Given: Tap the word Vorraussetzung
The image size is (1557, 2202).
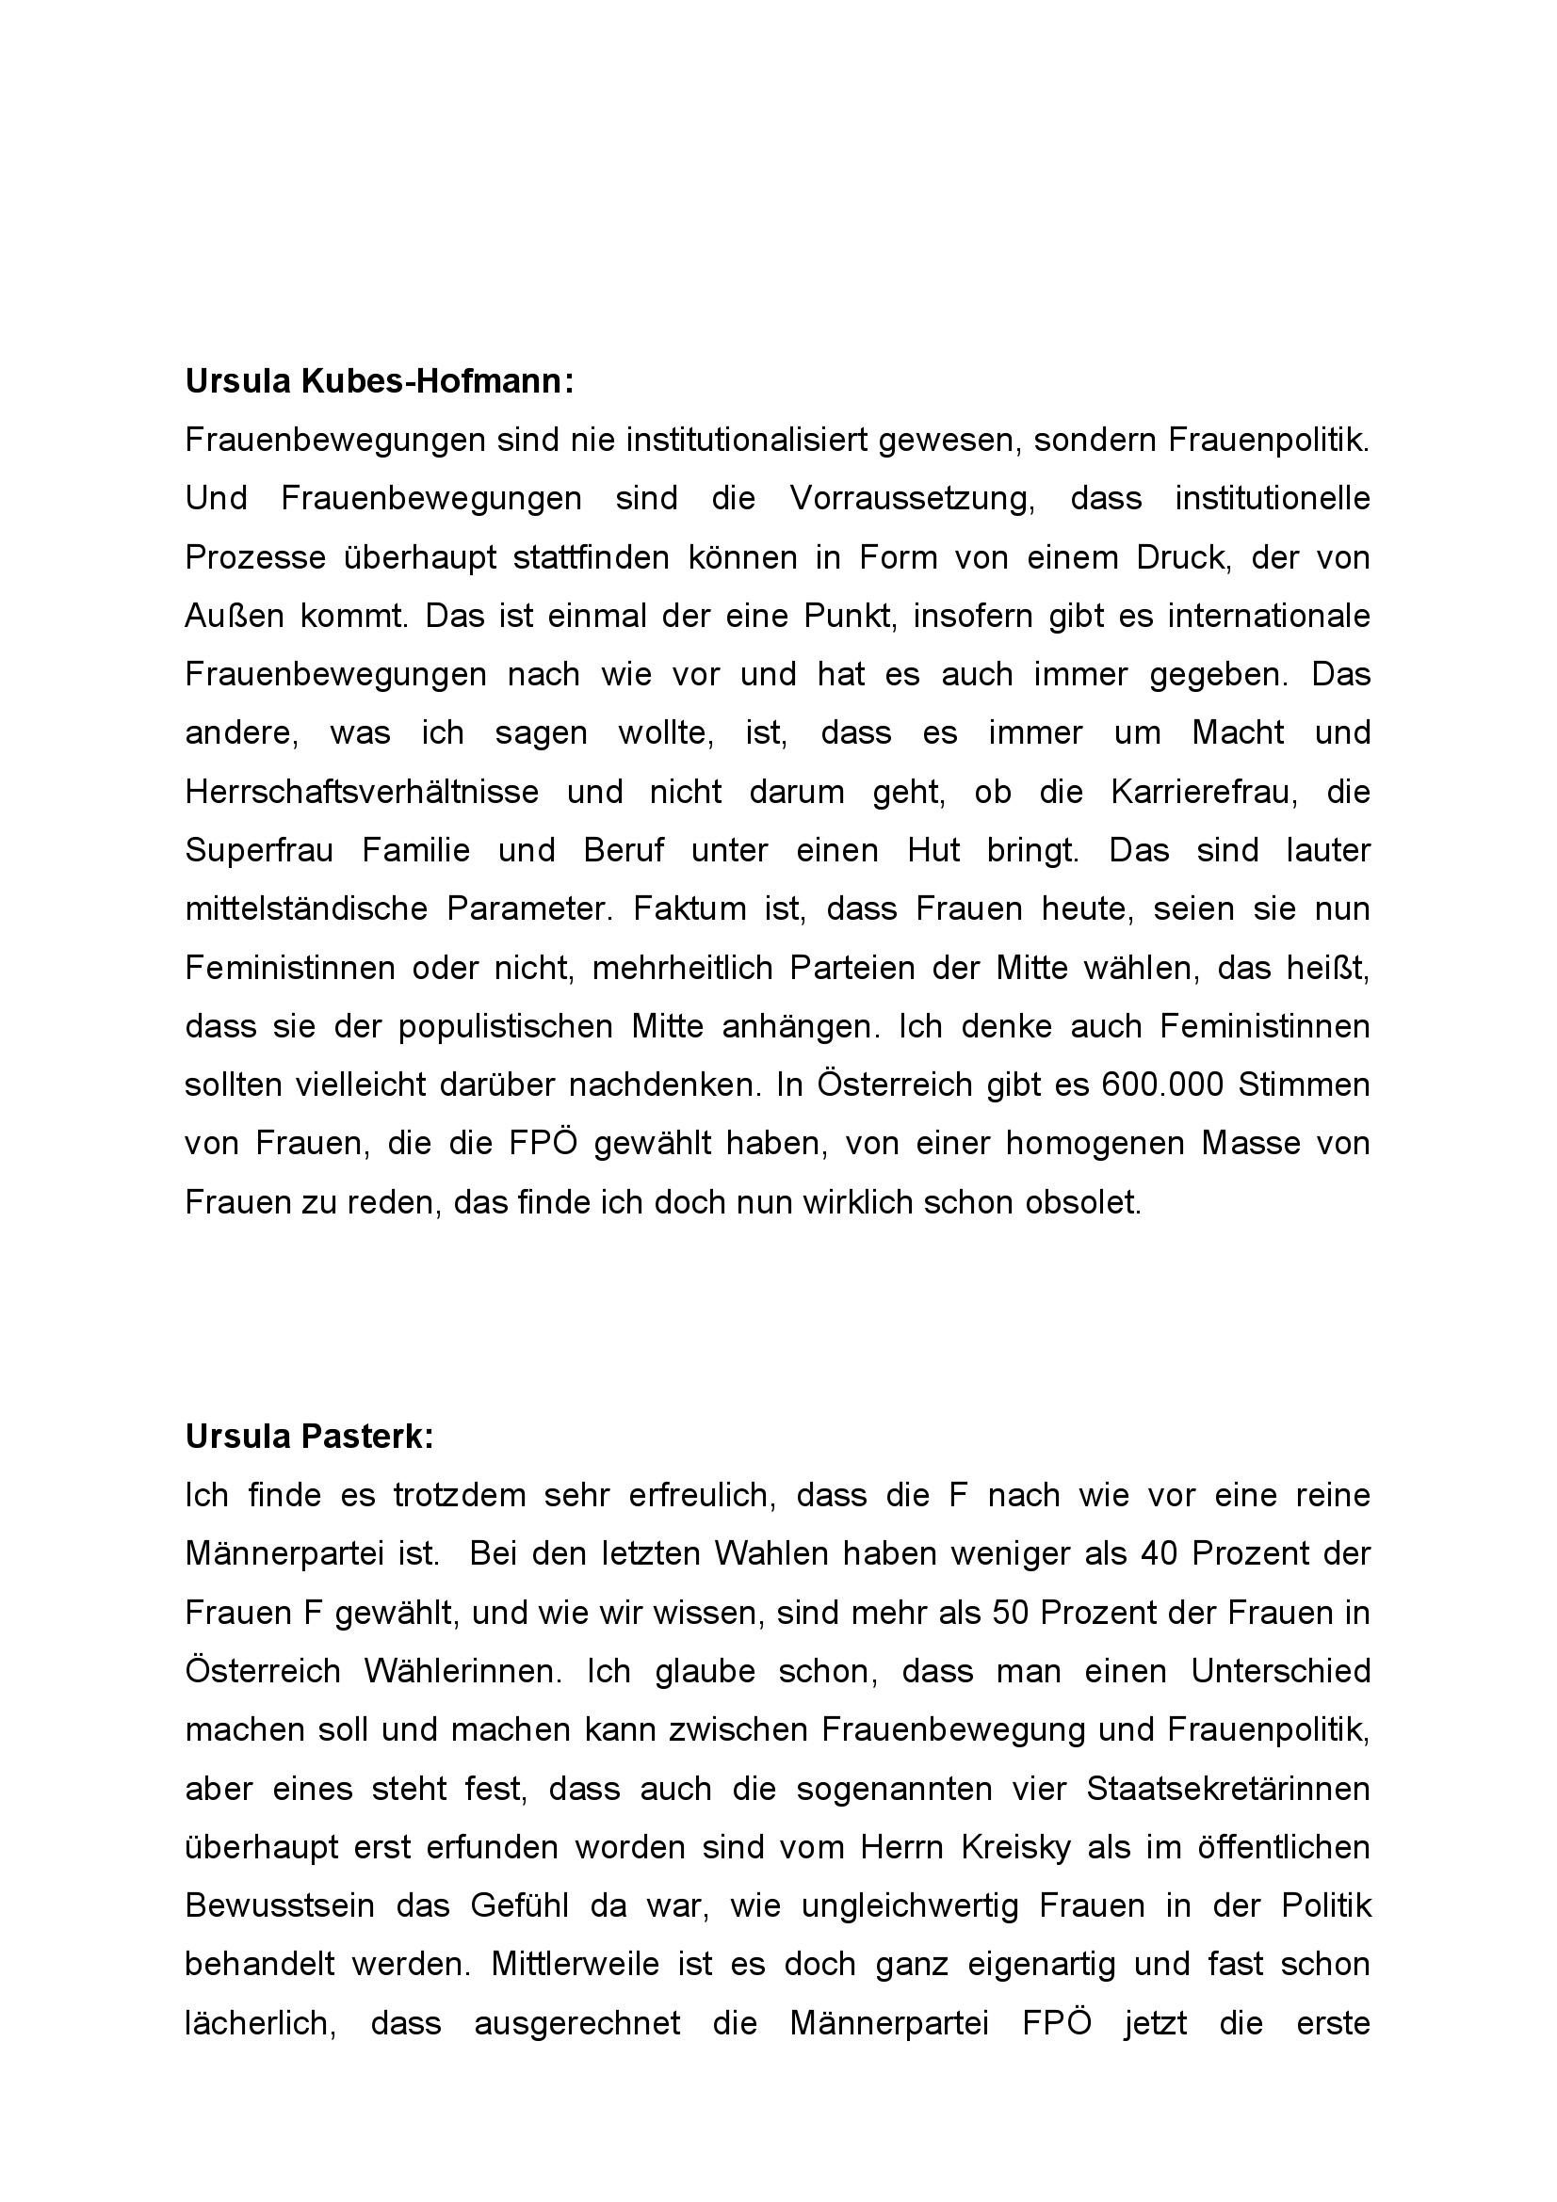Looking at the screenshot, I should (912, 499).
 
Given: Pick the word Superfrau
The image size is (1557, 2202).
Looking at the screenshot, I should (259, 851).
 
